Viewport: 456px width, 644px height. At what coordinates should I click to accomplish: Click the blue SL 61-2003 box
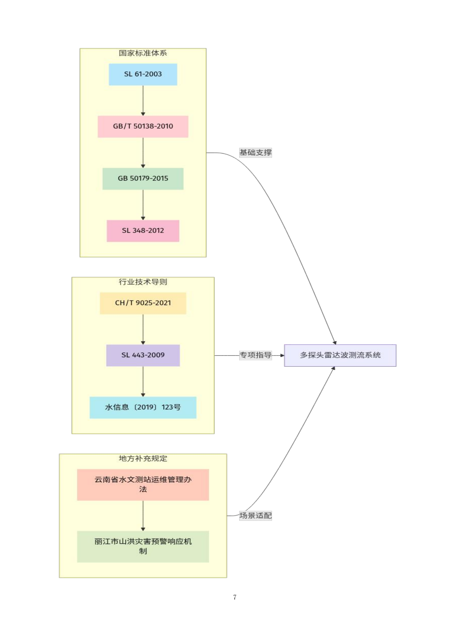[x=143, y=74]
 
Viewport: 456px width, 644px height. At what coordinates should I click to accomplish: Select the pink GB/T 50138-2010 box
[x=143, y=126]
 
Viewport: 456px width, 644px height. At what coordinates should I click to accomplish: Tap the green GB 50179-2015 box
[x=143, y=179]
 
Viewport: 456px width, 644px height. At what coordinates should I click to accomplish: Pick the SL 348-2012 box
[x=143, y=231]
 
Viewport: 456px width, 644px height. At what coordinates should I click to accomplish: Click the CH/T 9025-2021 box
[x=143, y=303]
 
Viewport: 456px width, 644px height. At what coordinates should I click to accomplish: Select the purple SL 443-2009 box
[x=143, y=355]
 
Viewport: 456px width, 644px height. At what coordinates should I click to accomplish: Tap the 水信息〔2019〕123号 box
[x=143, y=408]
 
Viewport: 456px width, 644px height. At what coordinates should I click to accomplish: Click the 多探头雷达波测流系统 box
[x=340, y=355]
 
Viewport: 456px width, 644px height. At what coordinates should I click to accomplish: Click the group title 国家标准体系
[x=143, y=53]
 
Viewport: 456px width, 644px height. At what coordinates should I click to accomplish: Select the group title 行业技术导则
[x=143, y=282]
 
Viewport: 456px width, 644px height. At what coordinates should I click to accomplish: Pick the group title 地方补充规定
[x=143, y=459]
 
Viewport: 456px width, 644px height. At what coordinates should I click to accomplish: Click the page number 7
[x=235, y=597]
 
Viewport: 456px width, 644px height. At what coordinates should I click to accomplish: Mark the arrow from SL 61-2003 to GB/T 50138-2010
[x=143, y=100]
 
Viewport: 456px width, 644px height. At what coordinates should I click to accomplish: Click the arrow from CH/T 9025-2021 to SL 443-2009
[x=143, y=329]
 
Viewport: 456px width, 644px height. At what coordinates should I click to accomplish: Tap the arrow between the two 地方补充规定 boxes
[x=143, y=515]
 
